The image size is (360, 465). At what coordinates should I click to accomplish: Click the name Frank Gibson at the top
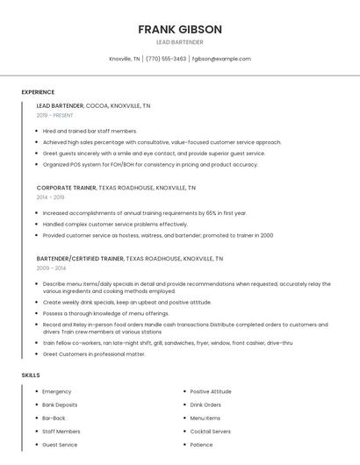[179, 29]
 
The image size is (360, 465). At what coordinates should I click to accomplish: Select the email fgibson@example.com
[221, 59]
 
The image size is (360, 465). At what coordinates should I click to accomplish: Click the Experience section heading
[38, 92]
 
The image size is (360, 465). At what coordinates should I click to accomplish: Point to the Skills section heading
[31, 375]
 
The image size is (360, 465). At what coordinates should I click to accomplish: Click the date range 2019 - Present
[54, 115]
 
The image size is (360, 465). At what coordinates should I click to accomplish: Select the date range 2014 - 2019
[50, 197]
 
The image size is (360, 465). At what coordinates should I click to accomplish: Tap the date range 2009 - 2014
[50, 268]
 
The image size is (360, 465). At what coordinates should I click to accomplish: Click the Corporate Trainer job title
[66, 188]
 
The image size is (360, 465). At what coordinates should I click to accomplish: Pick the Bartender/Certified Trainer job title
[80, 259]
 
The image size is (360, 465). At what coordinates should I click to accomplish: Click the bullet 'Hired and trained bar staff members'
[90, 131]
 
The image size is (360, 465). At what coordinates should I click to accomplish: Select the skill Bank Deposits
[60, 404]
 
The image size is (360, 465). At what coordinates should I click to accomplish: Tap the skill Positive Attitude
[211, 391]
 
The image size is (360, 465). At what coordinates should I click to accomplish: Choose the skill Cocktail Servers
[211, 432]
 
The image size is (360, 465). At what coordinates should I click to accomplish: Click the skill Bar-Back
[54, 418]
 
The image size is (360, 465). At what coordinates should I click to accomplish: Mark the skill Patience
[203, 445]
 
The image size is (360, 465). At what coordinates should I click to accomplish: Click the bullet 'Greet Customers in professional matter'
[94, 354]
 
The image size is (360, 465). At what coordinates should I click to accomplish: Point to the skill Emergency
[57, 391]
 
